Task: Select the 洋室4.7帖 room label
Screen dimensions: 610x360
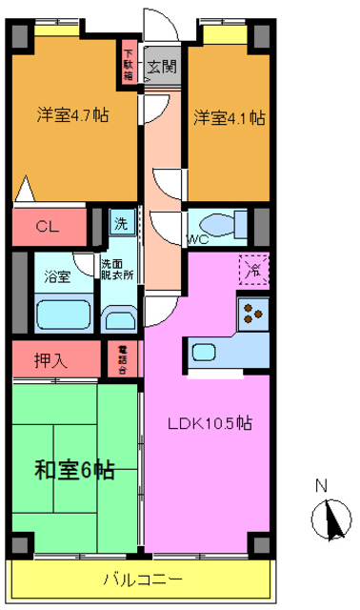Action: (x=72, y=115)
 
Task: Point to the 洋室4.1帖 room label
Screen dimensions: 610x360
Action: (x=230, y=118)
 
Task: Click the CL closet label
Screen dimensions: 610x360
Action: (x=47, y=227)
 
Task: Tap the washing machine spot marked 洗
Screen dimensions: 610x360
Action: (x=121, y=225)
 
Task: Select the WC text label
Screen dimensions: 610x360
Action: (x=198, y=239)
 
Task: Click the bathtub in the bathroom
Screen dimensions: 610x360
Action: (x=63, y=314)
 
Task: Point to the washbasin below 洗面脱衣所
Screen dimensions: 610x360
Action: (x=118, y=318)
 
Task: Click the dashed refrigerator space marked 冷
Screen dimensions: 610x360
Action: (x=253, y=270)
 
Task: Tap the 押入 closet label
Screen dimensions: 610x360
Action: (x=51, y=361)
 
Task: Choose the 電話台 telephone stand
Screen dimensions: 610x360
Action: (x=122, y=361)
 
